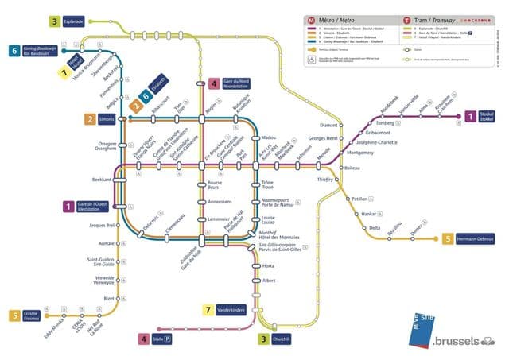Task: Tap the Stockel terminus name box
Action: (487, 117)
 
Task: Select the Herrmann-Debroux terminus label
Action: (478, 238)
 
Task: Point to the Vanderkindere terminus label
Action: (234, 309)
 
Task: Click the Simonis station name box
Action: (107, 119)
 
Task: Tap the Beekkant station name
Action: (102, 180)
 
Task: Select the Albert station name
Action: (269, 281)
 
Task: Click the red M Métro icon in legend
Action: (312, 18)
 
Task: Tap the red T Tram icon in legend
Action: (407, 18)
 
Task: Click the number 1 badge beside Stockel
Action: (470, 117)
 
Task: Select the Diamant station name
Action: (329, 125)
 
